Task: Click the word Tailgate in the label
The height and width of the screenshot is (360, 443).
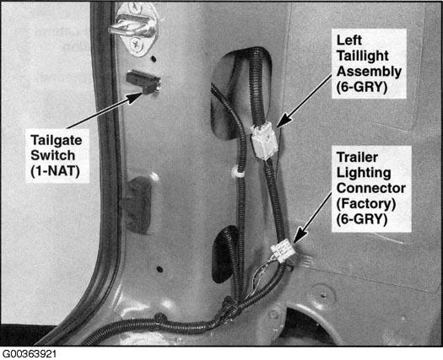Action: point(57,141)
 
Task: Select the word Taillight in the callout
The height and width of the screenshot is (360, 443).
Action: point(363,56)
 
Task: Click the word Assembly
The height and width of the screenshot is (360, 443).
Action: point(369,72)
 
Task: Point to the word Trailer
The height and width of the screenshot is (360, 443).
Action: point(357,158)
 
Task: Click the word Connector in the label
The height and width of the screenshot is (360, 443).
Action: point(371,188)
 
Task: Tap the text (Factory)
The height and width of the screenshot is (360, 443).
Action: point(366,204)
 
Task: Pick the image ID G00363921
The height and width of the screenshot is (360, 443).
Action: point(30,354)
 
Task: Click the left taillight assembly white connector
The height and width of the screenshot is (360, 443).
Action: point(264,140)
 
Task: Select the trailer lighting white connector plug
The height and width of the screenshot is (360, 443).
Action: point(283,250)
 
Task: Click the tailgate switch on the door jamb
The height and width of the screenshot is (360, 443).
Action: point(143,82)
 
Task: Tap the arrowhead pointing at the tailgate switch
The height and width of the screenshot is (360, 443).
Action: point(134,98)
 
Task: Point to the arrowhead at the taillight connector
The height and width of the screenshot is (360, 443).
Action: point(284,119)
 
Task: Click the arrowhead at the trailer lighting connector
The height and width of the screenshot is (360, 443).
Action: point(300,235)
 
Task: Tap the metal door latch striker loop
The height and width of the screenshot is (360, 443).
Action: point(131,27)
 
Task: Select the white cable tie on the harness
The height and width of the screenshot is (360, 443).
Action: point(238,172)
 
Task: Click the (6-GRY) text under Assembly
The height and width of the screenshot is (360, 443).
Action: point(362,87)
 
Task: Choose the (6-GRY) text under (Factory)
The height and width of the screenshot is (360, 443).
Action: point(362,219)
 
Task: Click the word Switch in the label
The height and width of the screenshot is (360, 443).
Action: point(53,156)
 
